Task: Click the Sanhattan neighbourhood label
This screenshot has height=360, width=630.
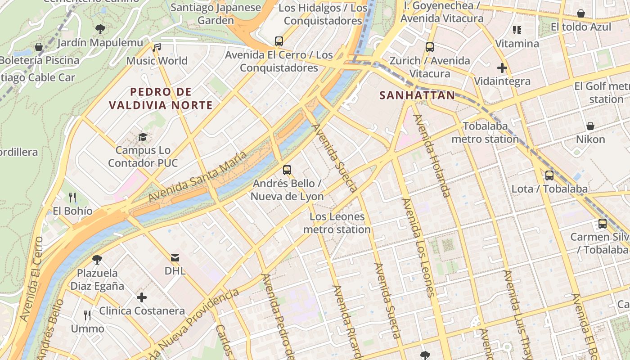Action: click(x=417, y=95)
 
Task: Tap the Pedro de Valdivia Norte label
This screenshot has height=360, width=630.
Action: click(x=161, y=99)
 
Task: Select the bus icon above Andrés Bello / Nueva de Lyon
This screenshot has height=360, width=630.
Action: click(x=287, y=170)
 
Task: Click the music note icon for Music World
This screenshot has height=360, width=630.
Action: click(x=157, y=47)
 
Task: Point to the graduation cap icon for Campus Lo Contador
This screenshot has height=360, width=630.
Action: click(x=143, y=137)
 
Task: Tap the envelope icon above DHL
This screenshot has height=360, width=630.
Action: click(x=175, y=258)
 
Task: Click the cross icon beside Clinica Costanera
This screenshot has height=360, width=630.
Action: click(x=142, y=297)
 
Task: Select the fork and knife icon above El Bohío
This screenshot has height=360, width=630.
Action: click(x=72, y=197)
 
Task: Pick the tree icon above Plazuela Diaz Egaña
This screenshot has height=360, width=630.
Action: click(x=97, y=260)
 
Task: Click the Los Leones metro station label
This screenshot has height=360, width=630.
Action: click(x=337, y=223)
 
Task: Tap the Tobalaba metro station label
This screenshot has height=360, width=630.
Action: click(x=485, y=132)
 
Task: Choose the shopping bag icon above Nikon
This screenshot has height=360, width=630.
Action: click(x=590, y=126)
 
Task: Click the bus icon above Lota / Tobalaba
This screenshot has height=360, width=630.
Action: click(x=549, y=175)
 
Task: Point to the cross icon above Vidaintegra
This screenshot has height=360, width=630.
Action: click(x=502, y=68)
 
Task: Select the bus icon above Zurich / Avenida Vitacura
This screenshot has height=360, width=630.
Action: click(x=430, y=47)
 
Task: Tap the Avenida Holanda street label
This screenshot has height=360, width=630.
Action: click(x=432, y=156)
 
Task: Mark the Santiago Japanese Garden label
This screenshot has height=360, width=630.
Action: click(x=216, y=14)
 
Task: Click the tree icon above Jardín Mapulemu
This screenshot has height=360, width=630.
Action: click(x=100, y=29)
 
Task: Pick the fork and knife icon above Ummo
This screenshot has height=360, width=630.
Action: click(x=87, y=315)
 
